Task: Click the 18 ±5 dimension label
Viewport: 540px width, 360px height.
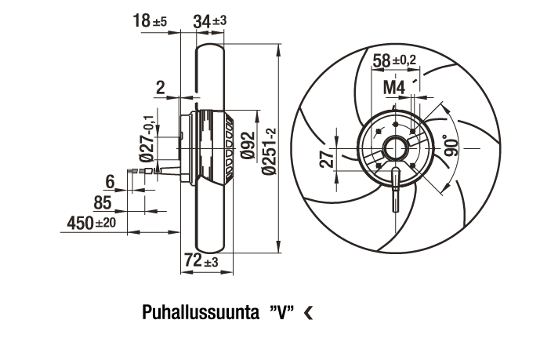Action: pos(150,21)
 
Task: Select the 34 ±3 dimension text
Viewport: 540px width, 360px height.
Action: pos(210,21)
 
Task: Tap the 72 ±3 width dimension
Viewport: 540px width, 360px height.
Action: pos(201,260)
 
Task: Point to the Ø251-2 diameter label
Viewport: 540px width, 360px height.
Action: pos(269,151)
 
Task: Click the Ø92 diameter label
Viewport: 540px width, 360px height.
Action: pos(248,145)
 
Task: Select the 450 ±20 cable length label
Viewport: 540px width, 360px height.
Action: pos(91,223)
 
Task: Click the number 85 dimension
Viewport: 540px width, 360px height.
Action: pos(103,202)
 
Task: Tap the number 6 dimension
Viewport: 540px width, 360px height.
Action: pos(110,181)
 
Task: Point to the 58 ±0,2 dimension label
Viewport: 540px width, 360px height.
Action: pos(395,61)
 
